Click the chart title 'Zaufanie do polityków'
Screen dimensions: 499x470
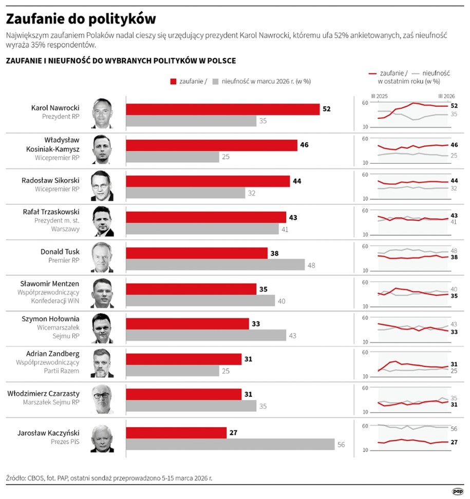point(81,19)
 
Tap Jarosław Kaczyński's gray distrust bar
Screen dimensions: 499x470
point(230,445)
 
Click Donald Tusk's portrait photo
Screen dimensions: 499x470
point(102,257)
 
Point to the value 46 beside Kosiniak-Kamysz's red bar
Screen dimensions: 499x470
point(304,145)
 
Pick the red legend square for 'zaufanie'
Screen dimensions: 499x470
point(172,81)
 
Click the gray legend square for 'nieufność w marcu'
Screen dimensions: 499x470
point(215,81)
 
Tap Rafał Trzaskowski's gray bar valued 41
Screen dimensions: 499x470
point(201,229)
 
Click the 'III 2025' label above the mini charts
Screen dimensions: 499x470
point(380,96)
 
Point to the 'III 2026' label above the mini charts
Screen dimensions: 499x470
point(446,96)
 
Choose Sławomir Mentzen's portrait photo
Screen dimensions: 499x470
point(102,293)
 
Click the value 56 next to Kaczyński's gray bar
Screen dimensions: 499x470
point(341,445)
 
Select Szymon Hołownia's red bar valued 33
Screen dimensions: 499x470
point(187,324)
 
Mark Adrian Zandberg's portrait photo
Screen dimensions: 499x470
point(102,364)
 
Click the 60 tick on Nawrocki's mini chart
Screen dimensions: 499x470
point(365,103)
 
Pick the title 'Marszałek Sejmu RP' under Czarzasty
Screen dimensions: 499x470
point(51,402)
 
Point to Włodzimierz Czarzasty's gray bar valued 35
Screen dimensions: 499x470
point(191,406)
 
